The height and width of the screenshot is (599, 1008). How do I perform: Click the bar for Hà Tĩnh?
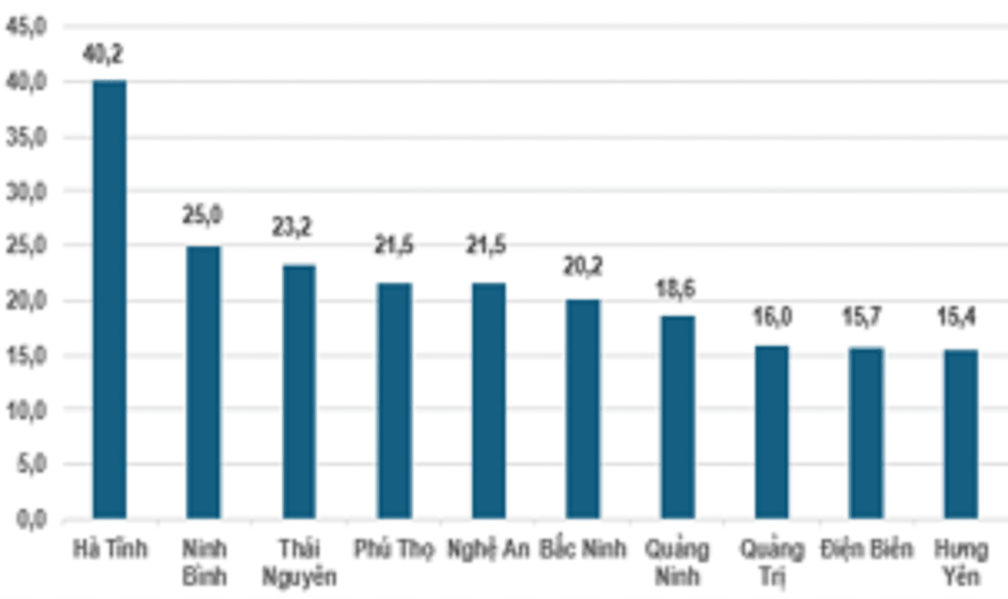(x=110, y=299)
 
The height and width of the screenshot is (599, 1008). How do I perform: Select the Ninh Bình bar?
(x=203, y=382)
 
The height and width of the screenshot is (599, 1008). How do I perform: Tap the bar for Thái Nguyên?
(x=299, y=392)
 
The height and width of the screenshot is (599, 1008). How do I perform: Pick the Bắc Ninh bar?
(x=583, y=409)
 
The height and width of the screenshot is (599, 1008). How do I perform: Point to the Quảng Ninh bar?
(x=678, y=417)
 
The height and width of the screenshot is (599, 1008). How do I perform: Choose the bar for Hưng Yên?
(x=961, y=434)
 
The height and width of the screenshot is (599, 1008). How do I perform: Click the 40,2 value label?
(x=103, y=54)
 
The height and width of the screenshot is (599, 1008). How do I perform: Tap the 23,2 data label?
(x=292, y=227)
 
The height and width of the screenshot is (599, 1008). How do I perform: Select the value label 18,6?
(x=675, y=289)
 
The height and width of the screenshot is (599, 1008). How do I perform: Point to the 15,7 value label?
(x=862, y=316)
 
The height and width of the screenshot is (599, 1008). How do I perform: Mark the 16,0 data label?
(x=772, y=316)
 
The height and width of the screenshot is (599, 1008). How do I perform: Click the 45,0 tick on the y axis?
(x=26, y=27)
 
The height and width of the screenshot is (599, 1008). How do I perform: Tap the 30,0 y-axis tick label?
(x=26, y=191)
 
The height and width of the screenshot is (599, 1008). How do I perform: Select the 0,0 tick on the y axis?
(x=31, y=519)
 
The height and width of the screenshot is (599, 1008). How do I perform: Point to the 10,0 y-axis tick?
(x=26, y=410)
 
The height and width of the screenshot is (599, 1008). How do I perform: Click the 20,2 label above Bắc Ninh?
(x=583, y=267)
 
